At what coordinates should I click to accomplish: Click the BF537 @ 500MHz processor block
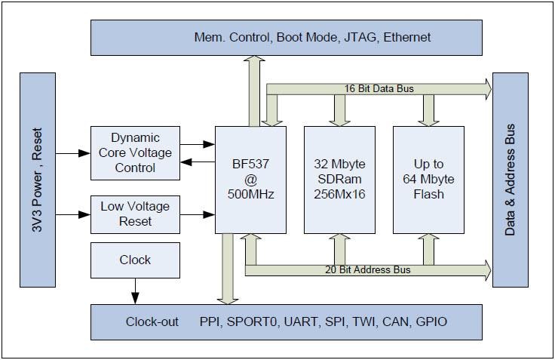point(250,180)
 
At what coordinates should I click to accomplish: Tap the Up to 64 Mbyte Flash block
point(428,180)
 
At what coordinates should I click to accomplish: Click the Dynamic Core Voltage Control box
point(135,153)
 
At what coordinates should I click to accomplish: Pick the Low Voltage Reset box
point(135,214)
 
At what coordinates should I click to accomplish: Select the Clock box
point(135,260)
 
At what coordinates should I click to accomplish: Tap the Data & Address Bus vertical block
point(510,180)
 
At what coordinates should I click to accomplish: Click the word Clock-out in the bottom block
point(152,322)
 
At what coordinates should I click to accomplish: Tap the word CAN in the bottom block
point(397,322)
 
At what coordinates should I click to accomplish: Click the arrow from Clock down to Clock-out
point(135,291)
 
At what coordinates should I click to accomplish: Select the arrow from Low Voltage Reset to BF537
point(198,215)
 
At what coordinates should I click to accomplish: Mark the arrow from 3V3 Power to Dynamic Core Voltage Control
point(72,153)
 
